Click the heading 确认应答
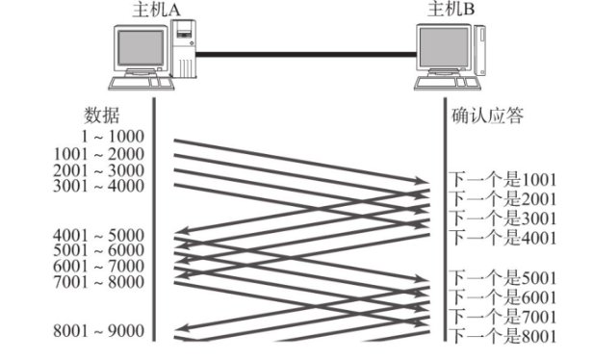click(487, 116)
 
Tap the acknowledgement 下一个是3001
click(503, 218)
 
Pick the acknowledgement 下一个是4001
click(503, 237)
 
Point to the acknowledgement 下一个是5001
click(503, 279)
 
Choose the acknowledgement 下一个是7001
click(503, 316)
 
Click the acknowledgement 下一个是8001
click(503, 334)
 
